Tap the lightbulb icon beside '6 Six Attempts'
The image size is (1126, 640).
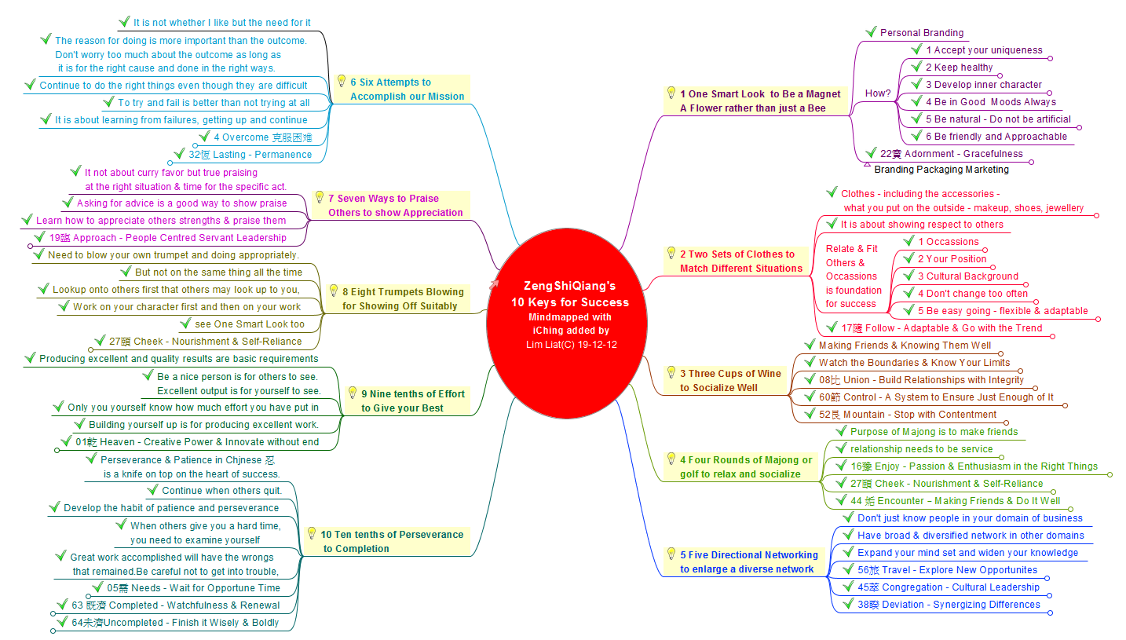click(x=341, y=81)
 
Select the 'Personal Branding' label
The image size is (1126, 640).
click(x=921, y=33)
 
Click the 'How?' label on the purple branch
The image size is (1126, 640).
click(x=877, y=93)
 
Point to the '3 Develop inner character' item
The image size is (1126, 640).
click(x=983, y=85)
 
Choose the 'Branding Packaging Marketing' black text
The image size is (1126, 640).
click(x=941, y=170)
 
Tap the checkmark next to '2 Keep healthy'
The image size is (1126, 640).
click(x=916, y=67)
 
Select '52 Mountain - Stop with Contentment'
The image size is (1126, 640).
click(x=907, y=415)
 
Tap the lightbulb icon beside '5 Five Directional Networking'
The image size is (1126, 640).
click(x=671, y=554)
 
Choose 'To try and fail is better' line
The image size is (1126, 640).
click(x=213, y=103)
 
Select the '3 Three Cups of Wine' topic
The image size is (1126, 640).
click(x=730, y=381)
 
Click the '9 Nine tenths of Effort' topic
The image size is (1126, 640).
click(x=412, y=401)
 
